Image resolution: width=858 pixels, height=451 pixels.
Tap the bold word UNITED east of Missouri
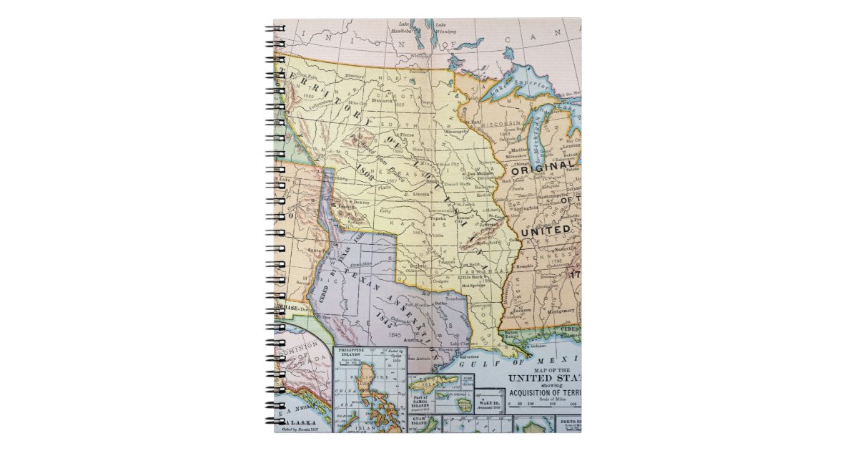[545, 231]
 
